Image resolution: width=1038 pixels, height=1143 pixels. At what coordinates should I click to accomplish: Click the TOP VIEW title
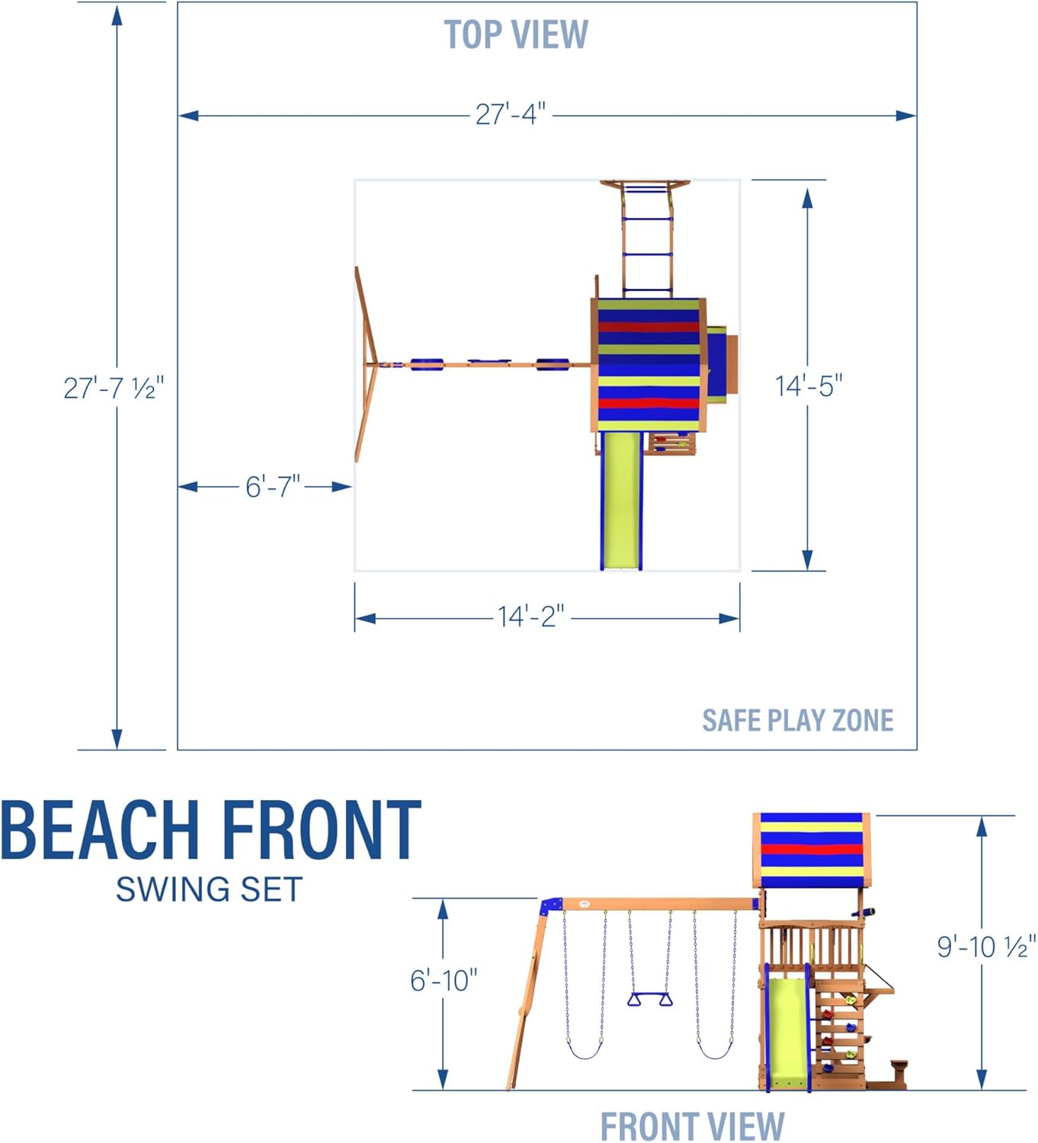point(516,35)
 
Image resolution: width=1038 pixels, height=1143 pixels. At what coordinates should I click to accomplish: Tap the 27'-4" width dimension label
point(511,114)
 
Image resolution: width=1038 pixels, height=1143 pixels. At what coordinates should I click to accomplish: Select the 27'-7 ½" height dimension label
point(114,388)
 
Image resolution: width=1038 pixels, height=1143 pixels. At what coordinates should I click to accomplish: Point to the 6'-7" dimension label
point(273,486)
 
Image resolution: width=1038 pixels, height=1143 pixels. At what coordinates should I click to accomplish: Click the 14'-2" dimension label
point(531,616)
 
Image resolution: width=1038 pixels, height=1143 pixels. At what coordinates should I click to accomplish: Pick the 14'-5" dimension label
point(809,386)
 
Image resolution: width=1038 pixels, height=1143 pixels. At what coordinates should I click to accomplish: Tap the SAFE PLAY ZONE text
point(797,720)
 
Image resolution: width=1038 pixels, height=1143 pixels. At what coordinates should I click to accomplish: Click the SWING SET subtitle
point(210,889)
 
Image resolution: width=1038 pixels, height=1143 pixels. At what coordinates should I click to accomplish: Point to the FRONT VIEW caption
point(692,1126)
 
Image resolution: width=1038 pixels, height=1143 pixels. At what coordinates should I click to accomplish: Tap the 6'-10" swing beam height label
point(444,980)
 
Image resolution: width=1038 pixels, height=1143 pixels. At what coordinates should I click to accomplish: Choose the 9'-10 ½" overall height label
point(985,946)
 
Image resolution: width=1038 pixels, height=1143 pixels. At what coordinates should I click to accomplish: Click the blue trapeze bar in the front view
point(650,1000)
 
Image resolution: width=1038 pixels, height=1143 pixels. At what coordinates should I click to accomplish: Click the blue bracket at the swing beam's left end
point(550,907)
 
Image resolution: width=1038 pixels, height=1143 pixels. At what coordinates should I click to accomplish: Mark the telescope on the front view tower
point(863,912)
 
